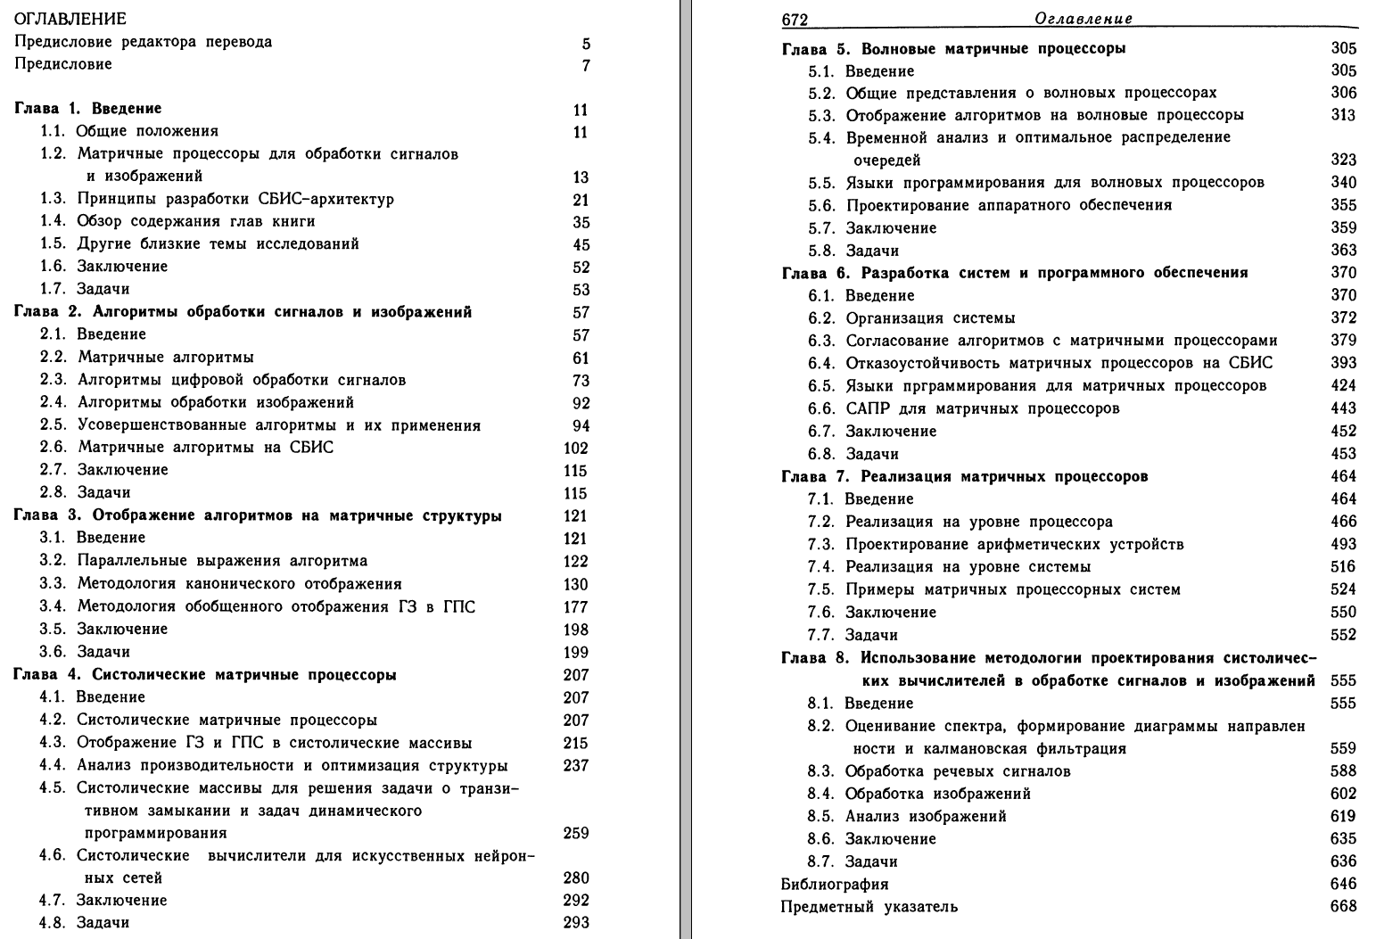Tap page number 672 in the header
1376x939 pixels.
[794, 20]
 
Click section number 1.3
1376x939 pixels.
[53, 199]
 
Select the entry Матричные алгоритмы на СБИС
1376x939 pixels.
[205, 447]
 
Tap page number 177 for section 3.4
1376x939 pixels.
[576, 607]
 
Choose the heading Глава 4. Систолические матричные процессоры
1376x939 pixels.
[205, 675]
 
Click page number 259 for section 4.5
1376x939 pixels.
[576, 834]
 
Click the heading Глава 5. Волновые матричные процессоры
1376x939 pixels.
[953, 48]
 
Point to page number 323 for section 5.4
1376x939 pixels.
[1343, 161]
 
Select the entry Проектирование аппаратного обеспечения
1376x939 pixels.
[1009, 205]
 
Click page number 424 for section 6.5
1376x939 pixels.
[1343, 386]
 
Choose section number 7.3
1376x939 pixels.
[820, 544]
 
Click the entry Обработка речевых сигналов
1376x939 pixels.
[958, 770]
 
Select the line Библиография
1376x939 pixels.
[835, 885]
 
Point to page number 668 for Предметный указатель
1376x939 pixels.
[1343, 907]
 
